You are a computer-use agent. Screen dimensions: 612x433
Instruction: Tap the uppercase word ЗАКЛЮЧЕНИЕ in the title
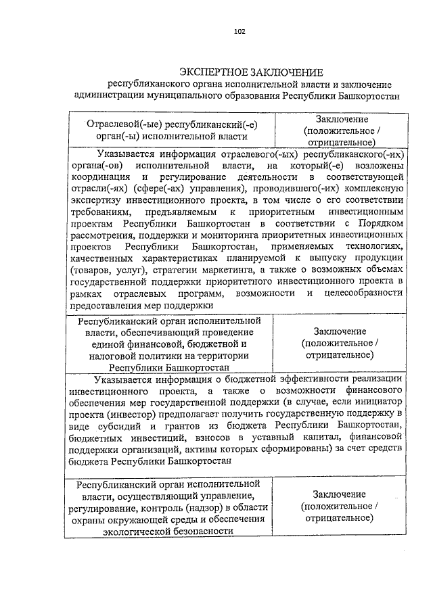tap(287, 72)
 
